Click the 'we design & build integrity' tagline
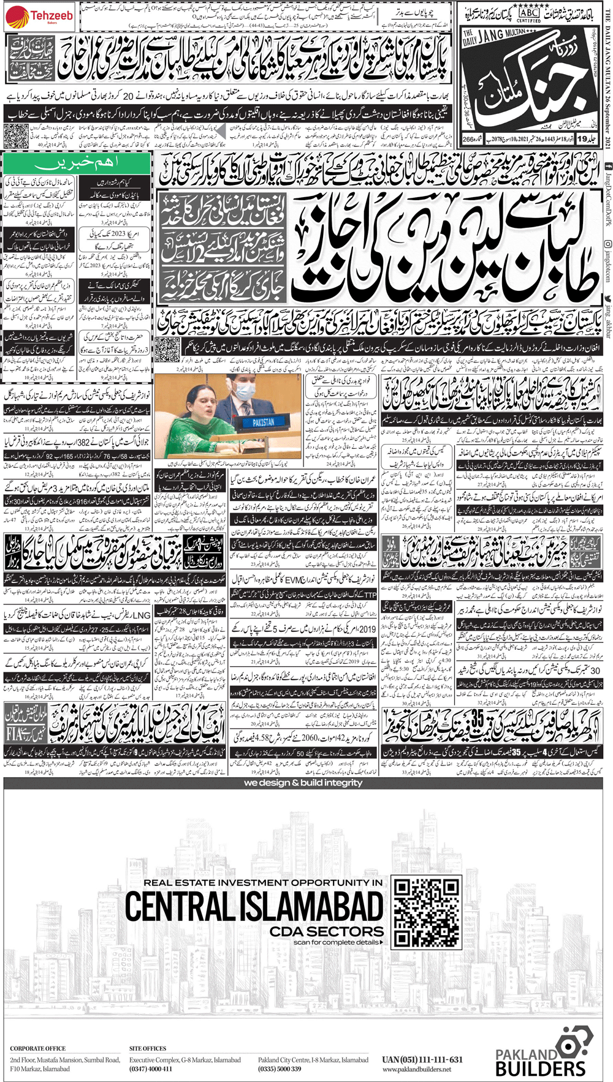[303, 783]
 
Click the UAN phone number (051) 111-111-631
[422, 1059]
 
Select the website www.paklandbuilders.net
[416, 1069]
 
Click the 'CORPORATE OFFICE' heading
[37, 1048]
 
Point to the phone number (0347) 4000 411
[150, 1069]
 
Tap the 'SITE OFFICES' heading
[148, 1048]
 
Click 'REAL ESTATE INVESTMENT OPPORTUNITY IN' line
[263, 882]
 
